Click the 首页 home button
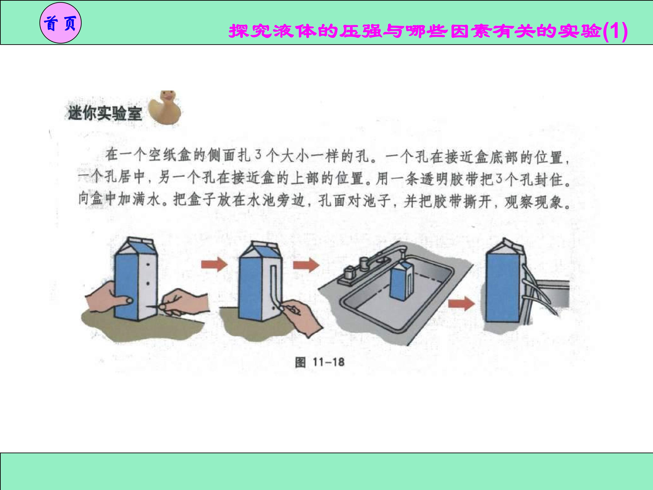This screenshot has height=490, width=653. click(61, 23)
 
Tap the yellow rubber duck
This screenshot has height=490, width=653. click(165, 108)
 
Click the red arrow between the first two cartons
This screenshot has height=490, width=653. click(214, 264)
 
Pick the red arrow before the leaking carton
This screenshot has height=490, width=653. click(461, 303)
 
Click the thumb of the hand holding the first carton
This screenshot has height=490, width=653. click(124, 301)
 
